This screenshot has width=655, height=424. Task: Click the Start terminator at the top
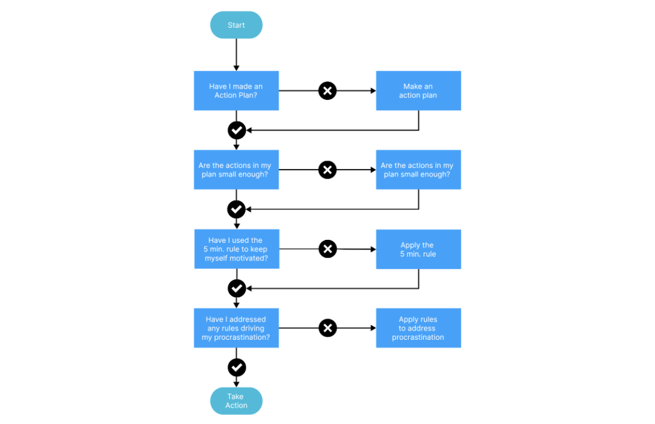(236, 25)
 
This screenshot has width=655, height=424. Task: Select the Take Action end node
(236, 401)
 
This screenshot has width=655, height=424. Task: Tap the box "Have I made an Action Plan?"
(237, 91)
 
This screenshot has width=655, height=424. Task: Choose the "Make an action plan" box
(418, 91)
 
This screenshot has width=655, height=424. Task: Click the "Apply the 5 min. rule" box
(418, 249)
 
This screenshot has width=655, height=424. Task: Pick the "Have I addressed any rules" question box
(237, 328)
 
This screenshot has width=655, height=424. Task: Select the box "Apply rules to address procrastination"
(418, 328)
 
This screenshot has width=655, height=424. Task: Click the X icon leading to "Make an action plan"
(327, 91)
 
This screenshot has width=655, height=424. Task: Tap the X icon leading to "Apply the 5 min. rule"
(328, 249)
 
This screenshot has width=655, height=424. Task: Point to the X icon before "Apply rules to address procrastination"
(328, 328)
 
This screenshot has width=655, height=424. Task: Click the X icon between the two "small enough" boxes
(327, 170)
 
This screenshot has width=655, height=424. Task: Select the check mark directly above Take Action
(237, 368)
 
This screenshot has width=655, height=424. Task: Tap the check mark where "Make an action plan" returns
(237, 130)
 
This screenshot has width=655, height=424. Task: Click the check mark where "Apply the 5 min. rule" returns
(237, 288)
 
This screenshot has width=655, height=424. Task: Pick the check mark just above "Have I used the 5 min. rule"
(237, 209)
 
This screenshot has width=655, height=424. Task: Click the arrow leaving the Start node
(237, 55)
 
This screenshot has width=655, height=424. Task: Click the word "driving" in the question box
(252, 328)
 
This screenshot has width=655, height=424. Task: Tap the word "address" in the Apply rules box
(422, 328)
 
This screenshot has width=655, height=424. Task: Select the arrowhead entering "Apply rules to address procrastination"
(374, 328)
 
